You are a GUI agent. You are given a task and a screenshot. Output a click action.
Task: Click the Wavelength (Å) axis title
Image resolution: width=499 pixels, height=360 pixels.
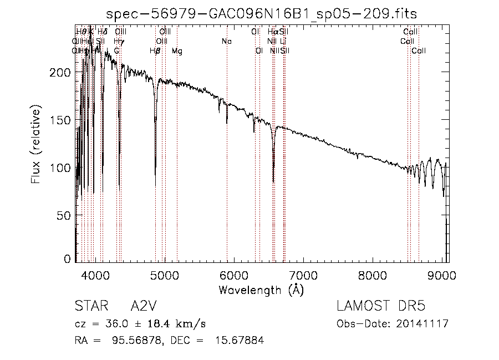tap(261, 290)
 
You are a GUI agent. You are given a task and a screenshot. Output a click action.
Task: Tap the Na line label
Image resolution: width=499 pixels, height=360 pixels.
tap(226, 41)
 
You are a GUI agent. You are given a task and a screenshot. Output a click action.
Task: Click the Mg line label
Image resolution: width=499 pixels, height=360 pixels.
tap(176, 50)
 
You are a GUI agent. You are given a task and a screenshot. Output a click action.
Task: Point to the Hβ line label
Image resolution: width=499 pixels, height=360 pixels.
tap(155, 50)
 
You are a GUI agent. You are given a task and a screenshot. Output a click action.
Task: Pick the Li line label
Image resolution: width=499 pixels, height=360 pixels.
tap(283, 41)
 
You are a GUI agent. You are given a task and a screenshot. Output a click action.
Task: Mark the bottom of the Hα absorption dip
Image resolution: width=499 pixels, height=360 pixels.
tap(273, 181)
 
